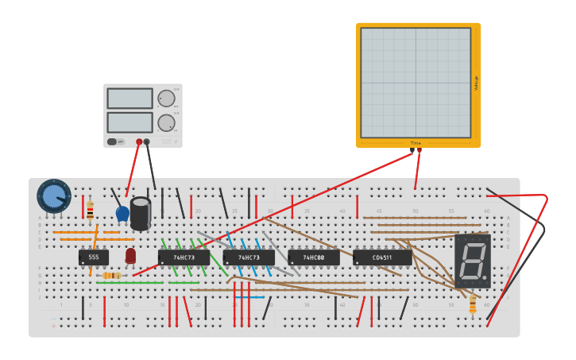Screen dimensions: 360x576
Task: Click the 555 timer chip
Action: tap(94, 257)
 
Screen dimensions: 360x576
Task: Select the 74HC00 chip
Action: tap(314, 257)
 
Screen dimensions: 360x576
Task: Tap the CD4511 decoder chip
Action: tap(382, 257)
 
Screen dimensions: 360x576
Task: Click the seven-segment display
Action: tap(473, 261)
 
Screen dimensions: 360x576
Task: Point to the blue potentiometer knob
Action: tap(53, 196)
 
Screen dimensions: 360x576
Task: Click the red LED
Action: tap(130, 255)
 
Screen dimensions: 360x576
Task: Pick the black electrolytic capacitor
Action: tap(141, 213)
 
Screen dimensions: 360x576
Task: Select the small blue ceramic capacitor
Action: tap(122, 213)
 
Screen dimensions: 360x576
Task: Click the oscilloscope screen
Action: tap(416, 83)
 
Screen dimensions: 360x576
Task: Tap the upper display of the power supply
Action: tap(130, 99)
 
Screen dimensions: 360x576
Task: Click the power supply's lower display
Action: tap(130, 122)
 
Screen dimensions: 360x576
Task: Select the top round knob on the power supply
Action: tap(166, 99)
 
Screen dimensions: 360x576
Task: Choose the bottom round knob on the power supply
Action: tap(166, 122)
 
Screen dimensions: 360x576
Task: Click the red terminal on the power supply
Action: tap(139, 142)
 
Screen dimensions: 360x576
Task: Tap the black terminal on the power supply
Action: tap(147, 142)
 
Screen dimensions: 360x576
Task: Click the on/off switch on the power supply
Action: tap(116, 141)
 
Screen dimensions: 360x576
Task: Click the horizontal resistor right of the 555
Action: tap(112, 276)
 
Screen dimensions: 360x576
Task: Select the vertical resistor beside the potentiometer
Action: tap(90, 210)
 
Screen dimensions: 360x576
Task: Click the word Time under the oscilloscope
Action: tap(415, 143)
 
